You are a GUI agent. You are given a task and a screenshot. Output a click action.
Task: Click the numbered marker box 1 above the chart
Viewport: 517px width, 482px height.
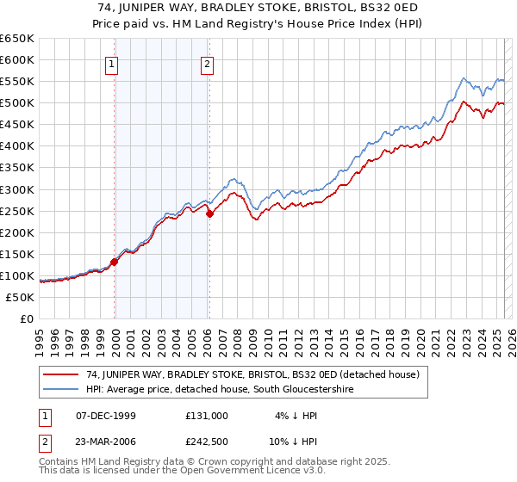point(113,63)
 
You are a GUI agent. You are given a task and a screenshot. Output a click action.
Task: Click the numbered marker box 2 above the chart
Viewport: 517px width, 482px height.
point(209,63)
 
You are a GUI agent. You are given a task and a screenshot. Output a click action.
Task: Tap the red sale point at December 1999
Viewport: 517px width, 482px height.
point(115,263)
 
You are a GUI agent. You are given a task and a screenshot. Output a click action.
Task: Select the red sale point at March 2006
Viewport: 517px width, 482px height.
point(209,214)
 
